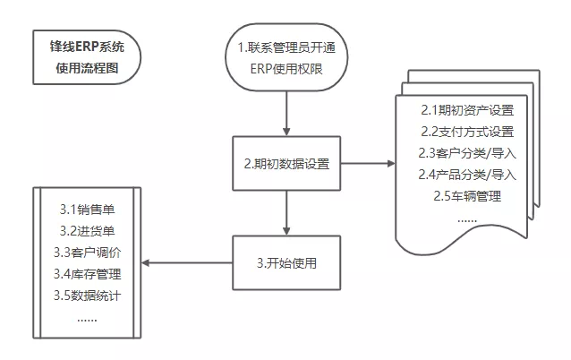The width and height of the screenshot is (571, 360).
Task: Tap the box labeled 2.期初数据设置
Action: [285, 164]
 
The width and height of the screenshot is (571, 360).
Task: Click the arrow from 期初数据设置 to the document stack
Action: [367, 164]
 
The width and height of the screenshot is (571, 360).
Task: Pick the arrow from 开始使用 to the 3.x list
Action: [188, 262]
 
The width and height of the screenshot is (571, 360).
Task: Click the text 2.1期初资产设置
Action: [467, 111]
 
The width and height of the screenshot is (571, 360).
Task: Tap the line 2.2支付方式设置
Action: [467, 132]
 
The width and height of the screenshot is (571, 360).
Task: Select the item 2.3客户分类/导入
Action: [467, 152]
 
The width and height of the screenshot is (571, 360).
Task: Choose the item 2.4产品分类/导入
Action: [467, 174]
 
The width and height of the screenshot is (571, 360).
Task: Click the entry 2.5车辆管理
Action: [467, 195]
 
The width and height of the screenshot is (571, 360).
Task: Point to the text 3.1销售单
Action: [87, 210]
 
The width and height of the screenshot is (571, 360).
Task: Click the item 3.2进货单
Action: [87, 231]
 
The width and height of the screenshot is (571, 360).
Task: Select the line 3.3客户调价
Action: [87, 253]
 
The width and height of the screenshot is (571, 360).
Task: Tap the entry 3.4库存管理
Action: [87, 273]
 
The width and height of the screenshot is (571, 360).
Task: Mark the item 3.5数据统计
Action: [87, 295]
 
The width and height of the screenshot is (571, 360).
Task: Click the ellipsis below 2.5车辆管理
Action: [467, 218]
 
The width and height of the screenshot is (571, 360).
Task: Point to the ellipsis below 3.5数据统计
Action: [87, 317]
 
